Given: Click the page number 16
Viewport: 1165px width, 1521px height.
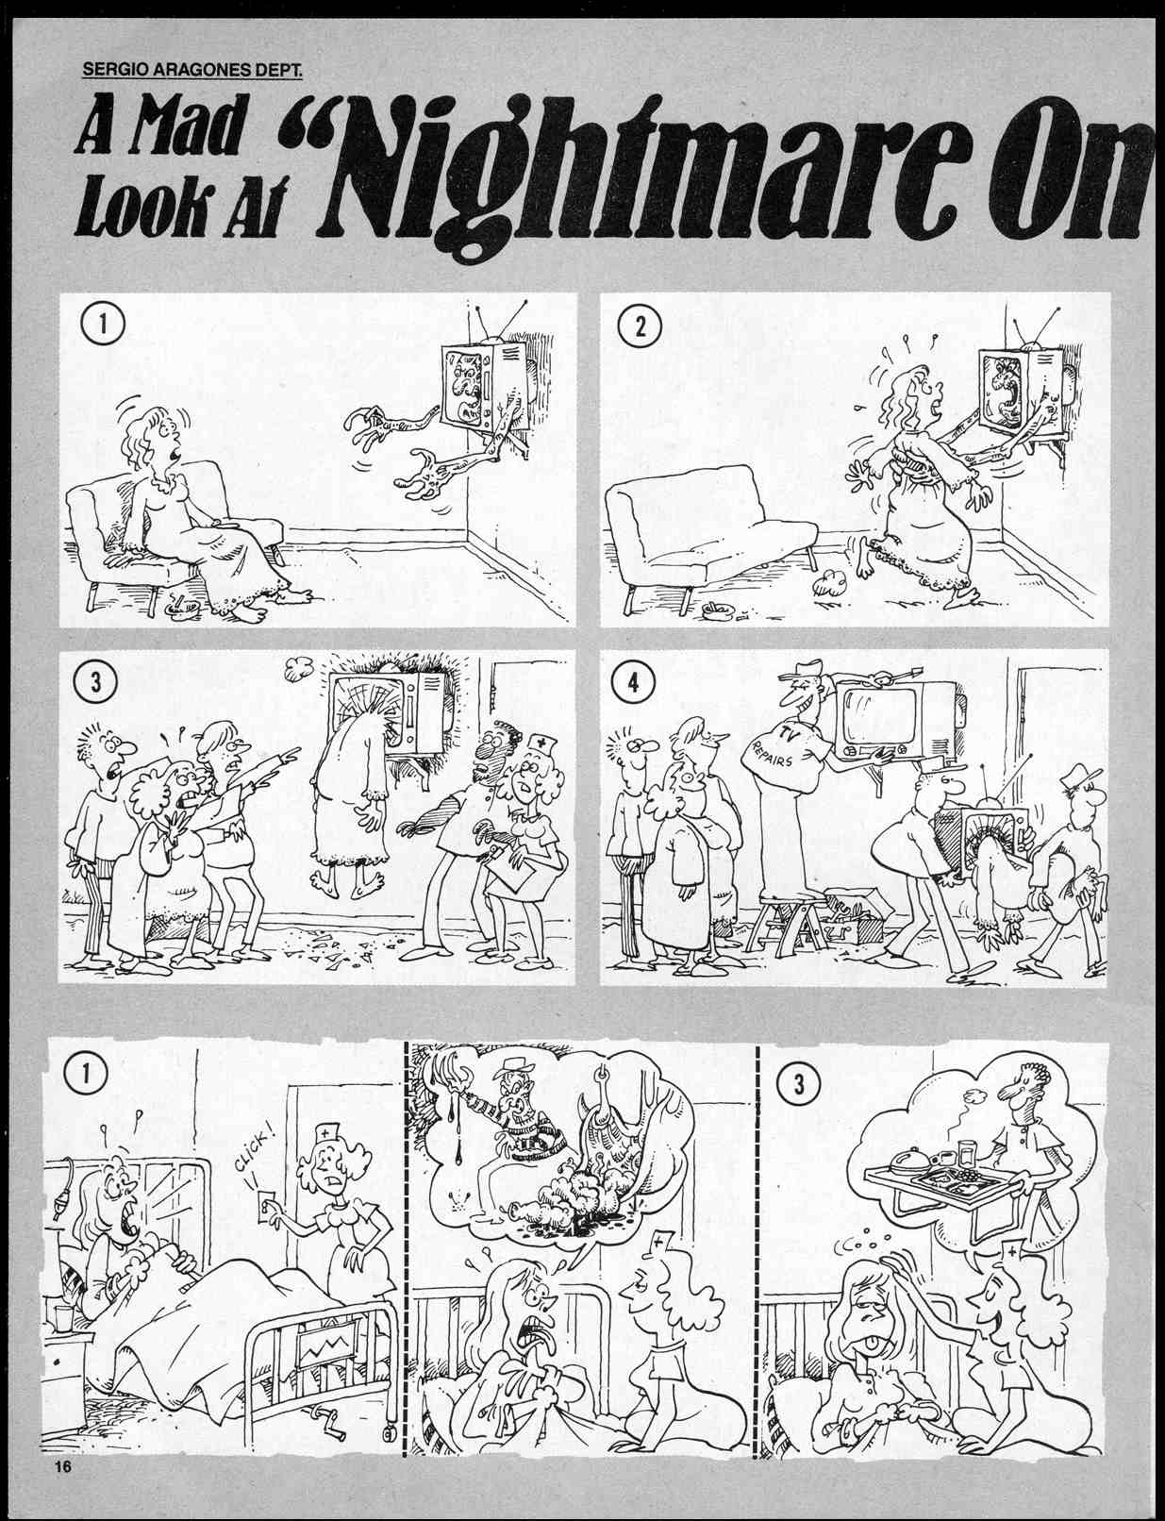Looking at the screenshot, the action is point(63,1466).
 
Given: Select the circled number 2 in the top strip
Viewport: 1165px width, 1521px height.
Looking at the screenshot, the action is point(640,327).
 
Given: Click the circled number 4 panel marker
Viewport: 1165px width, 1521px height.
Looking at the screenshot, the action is point(634,682).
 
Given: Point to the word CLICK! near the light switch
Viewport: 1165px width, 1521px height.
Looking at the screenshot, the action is point(251,1153).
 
